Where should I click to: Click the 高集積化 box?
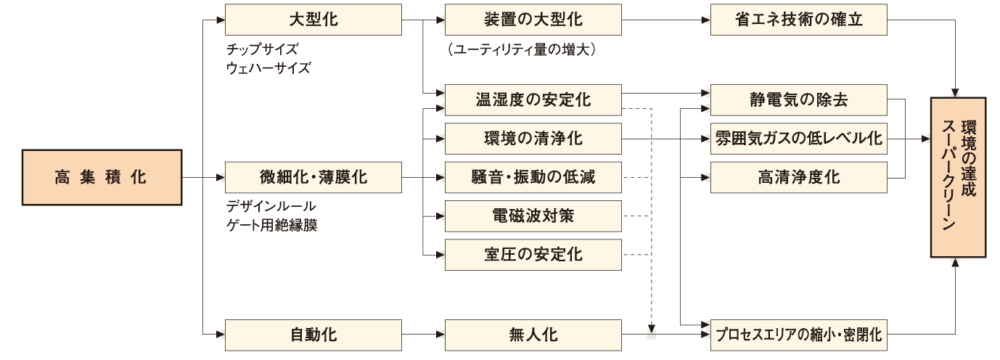coord(101,177)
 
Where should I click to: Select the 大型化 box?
coord(313,20)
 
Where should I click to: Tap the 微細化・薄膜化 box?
coord(313,177)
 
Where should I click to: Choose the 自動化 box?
coord(313,335)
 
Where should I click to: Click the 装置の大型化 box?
coord(533,20)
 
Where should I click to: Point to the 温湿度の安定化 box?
coord(533,99)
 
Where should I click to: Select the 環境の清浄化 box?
coord(533,138)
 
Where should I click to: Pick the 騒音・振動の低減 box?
coord(533,177)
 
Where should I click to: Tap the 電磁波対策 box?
coord(533,216)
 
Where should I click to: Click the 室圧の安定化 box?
coord(533,255)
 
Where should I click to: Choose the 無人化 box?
coord(533,335)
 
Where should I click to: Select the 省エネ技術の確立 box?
coord(799,20)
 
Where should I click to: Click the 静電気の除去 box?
coord(799,99)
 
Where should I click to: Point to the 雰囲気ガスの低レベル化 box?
coord(799,138)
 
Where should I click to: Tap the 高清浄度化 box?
coord(799,177)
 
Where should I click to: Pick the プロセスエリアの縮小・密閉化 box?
coord(799,335)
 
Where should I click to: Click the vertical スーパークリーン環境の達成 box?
coord(958,177)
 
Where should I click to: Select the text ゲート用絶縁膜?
coord(271,224)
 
